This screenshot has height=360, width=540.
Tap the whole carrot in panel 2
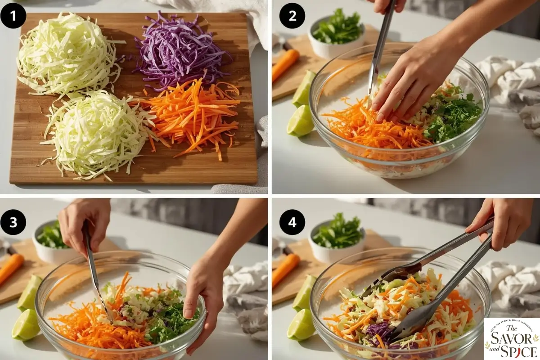click(285, 65)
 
